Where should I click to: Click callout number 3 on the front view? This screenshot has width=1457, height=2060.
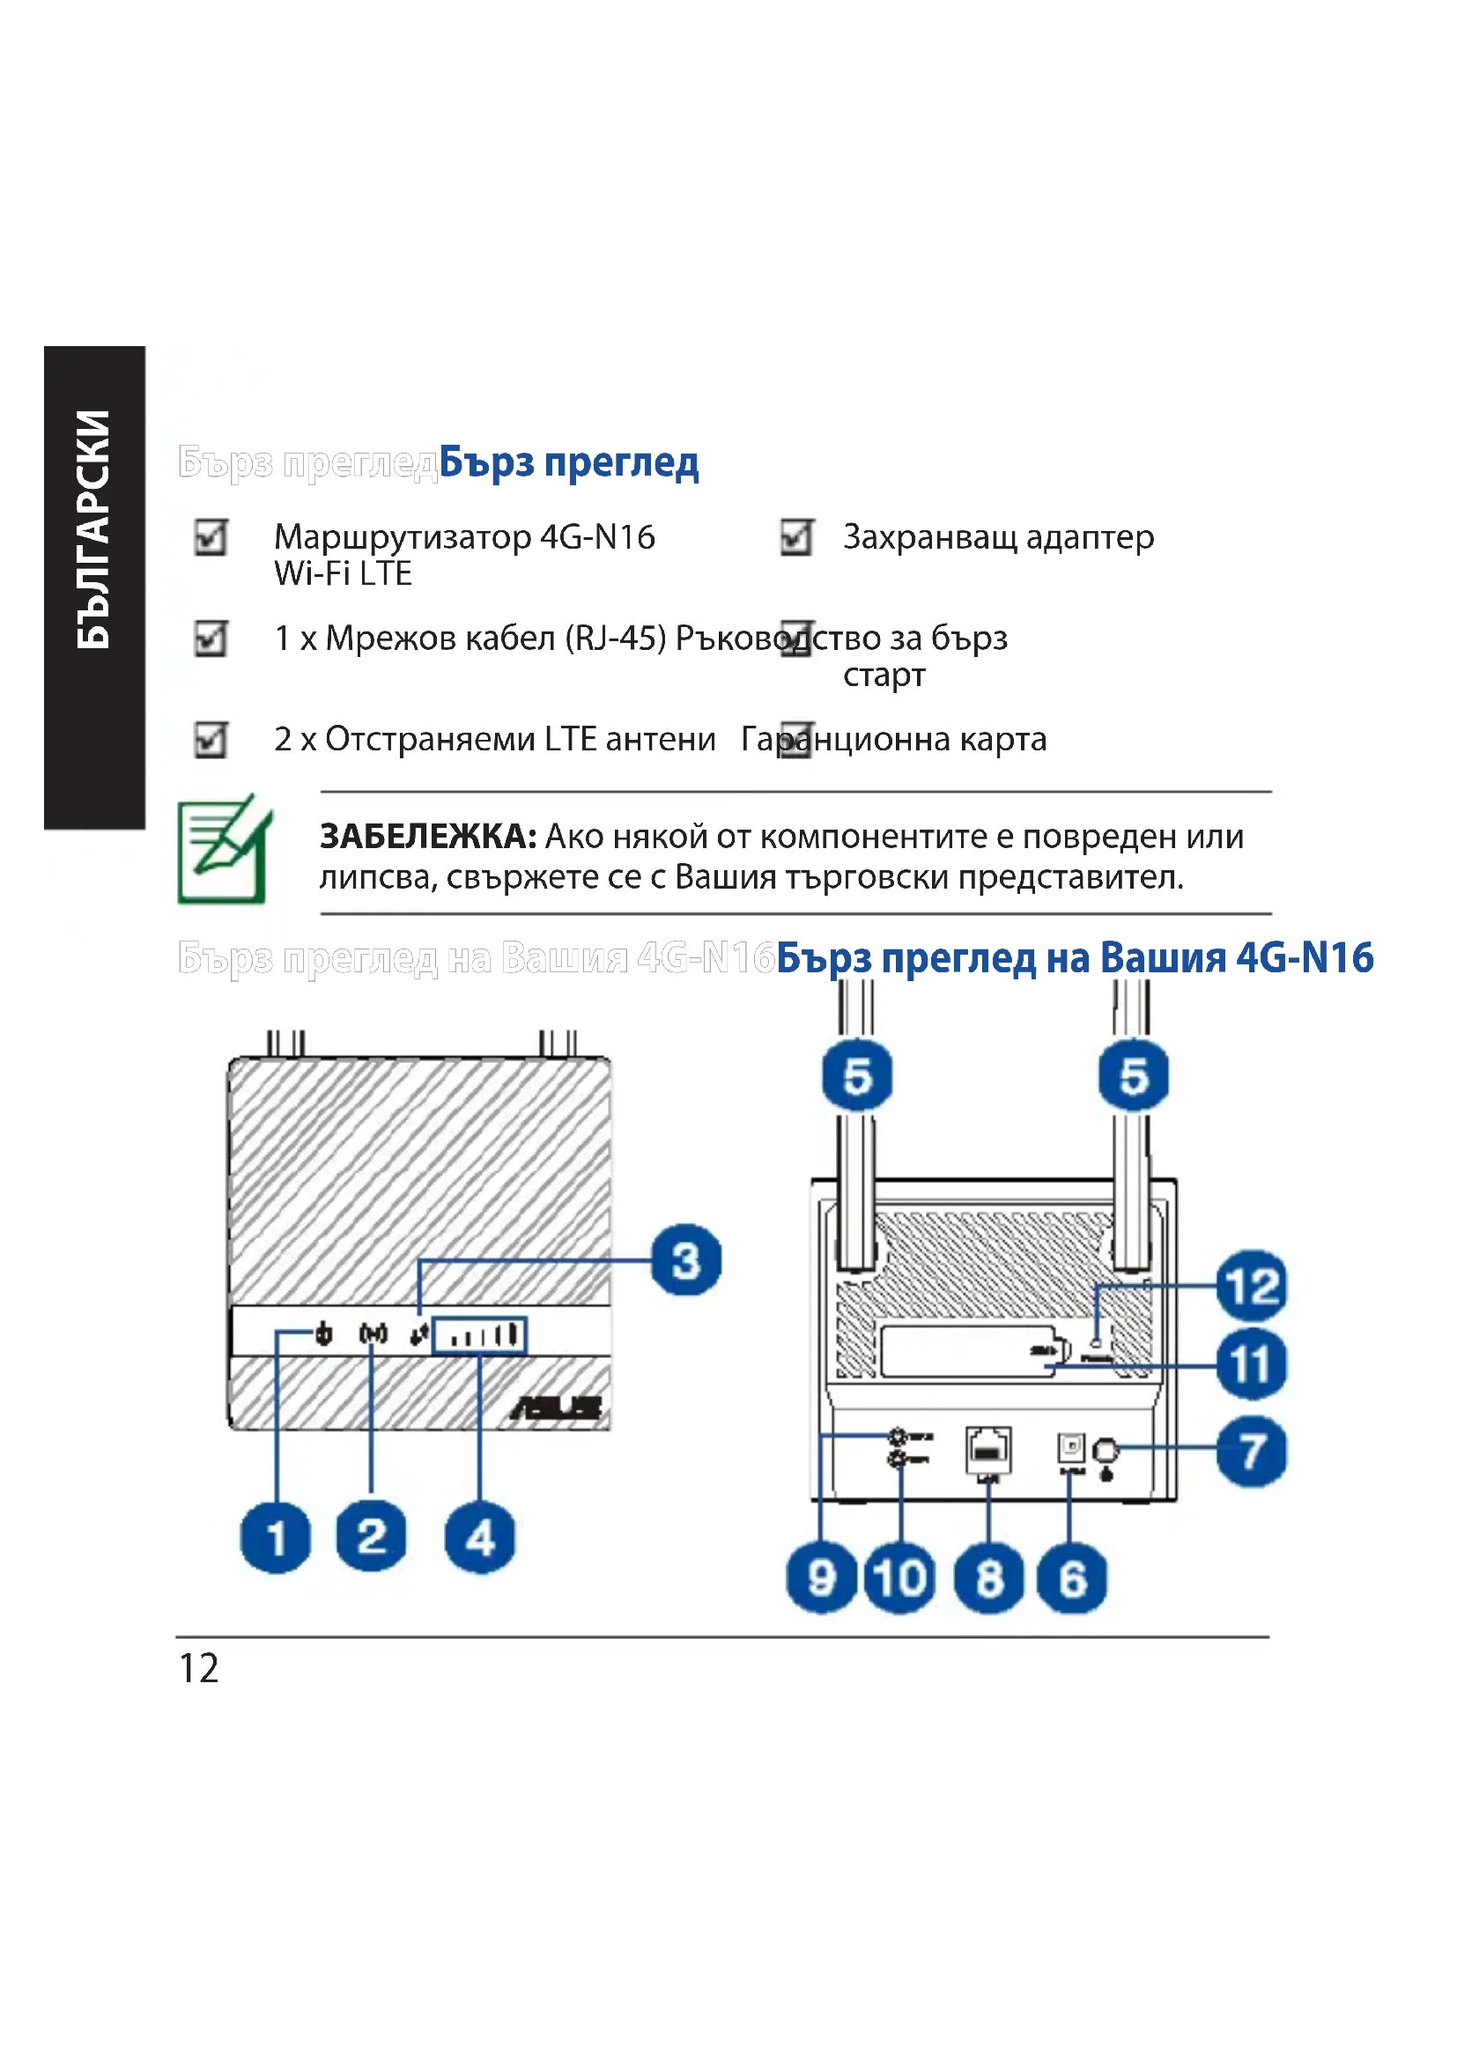click(x=686, y=1260)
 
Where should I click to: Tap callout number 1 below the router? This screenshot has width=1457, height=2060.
click(x=276, y=1538)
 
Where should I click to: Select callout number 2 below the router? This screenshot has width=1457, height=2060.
click(x=372, y=1536)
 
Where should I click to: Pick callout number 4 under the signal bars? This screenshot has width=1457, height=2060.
click(x=480, y=1538)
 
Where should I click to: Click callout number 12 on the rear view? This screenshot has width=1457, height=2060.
click(x=1252, y=1286)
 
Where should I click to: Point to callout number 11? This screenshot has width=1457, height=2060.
click(x=1252, y=1364)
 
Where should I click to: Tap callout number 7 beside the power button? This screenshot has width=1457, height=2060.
click(x=1252, y=1451)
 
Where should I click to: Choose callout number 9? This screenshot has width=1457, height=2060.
click(x=821, y=1578)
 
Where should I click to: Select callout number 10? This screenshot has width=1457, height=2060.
click(x=900, y=1578)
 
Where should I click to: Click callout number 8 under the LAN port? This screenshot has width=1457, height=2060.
click(x=988, y=1578)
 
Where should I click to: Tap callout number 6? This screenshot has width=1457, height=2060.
click(x=1071, y=1578)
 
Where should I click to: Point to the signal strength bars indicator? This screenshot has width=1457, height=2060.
click(x=480, y=1336)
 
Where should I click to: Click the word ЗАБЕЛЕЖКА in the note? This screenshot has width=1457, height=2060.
click(x=428, y=836)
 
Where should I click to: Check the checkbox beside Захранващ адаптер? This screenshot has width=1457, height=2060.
click(x=795, y=537)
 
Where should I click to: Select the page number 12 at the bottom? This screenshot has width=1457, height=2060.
click(x=199, y=1669)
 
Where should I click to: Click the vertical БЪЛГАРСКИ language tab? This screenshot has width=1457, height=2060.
click(x=93, y=529)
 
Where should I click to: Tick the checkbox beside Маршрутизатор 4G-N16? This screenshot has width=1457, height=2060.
click(x=211, y=537)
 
